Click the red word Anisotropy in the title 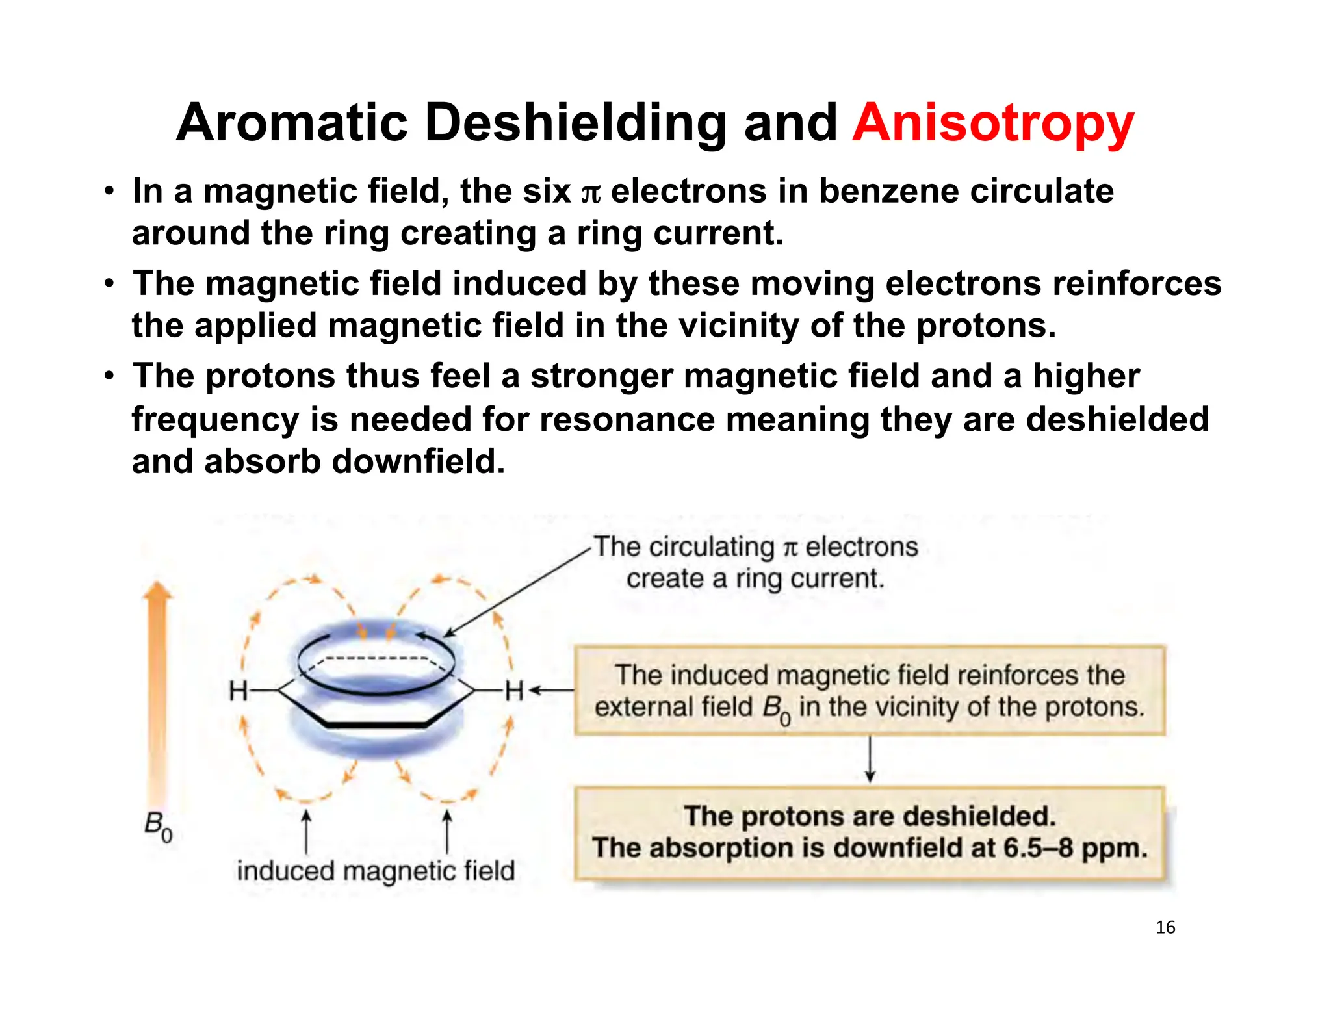pos(992,123)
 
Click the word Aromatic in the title pos(291,123)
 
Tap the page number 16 pos(1165,927)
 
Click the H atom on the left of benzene pos(238,691)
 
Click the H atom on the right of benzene pos(514,691)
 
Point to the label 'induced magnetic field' pos(376,871)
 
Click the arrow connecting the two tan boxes pos(870,760)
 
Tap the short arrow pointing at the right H pos(551,691)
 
